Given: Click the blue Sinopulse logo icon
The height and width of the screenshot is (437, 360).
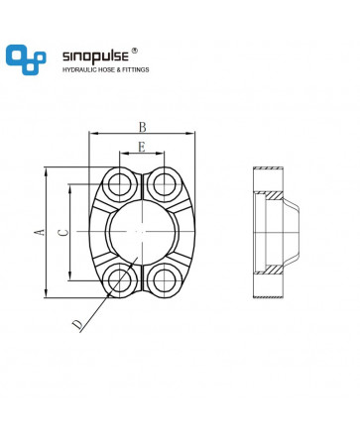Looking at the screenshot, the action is [26, 59].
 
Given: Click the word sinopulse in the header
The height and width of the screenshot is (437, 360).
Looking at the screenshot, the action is [95, 56].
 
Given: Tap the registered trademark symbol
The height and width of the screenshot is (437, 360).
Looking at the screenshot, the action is [134, 51].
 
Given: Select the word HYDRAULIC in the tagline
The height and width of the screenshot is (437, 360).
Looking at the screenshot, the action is [79, 69].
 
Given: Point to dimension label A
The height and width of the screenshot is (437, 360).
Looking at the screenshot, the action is [40, 232].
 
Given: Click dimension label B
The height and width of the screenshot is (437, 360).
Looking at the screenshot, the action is [142, 127].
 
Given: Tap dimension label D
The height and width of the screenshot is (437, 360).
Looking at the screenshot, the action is [77, 324].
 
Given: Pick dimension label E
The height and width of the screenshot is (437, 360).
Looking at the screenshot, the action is [142, 147].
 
